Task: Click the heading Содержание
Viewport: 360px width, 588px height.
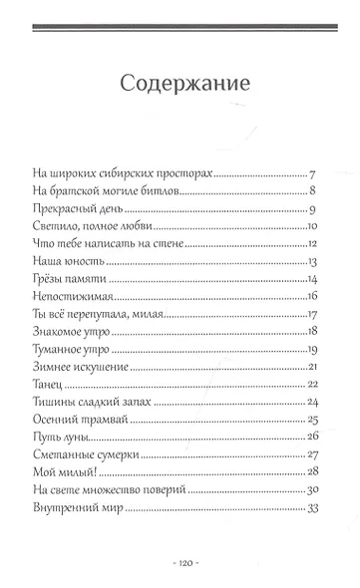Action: pos(180,81)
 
